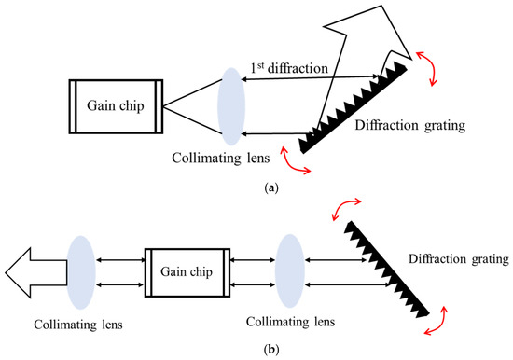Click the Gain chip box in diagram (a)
[116, 106]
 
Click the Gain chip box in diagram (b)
[187, 272]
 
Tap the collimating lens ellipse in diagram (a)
[231, 106]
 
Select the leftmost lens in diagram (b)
[81, 272]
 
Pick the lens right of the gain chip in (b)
[290, 271]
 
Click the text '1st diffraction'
[289, 68]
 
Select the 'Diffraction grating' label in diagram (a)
[410, 125]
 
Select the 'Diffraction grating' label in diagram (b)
[459, 259]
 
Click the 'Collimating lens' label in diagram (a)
[221, 158]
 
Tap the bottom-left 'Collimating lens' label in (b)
[78, 325]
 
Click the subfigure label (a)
[271, 187]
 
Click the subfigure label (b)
[271, 349]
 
